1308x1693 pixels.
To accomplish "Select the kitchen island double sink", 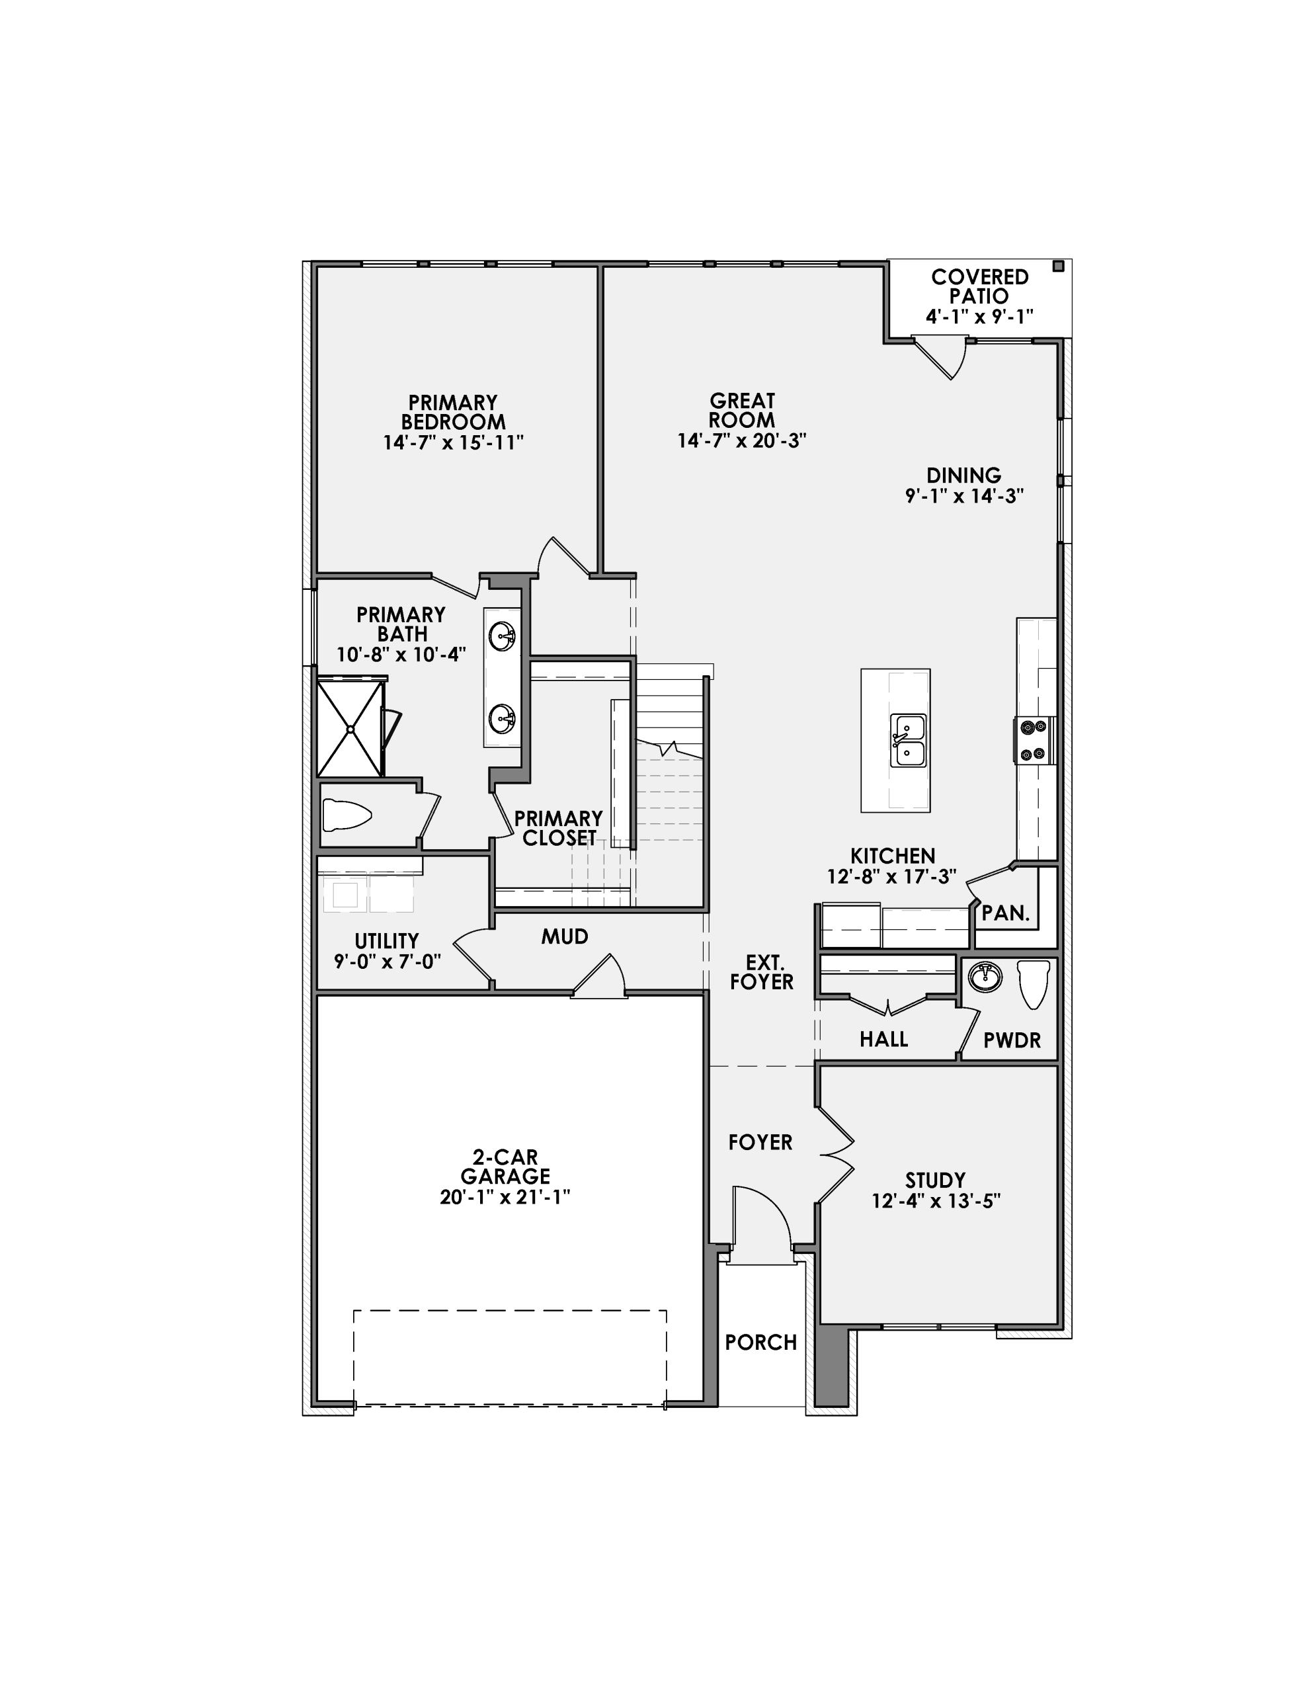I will (907, 740).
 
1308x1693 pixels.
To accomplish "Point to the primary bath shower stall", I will (350, 729).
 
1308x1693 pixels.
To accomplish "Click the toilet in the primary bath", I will (347, 815).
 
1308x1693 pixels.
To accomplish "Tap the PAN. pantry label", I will (1006, 913).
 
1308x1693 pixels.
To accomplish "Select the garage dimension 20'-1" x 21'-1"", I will (505, 1197).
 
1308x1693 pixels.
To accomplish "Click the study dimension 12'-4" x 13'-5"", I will (936, 1201).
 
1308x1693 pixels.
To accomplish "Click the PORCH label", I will (760, 1342).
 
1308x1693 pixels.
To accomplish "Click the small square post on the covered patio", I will (1058, 267).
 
